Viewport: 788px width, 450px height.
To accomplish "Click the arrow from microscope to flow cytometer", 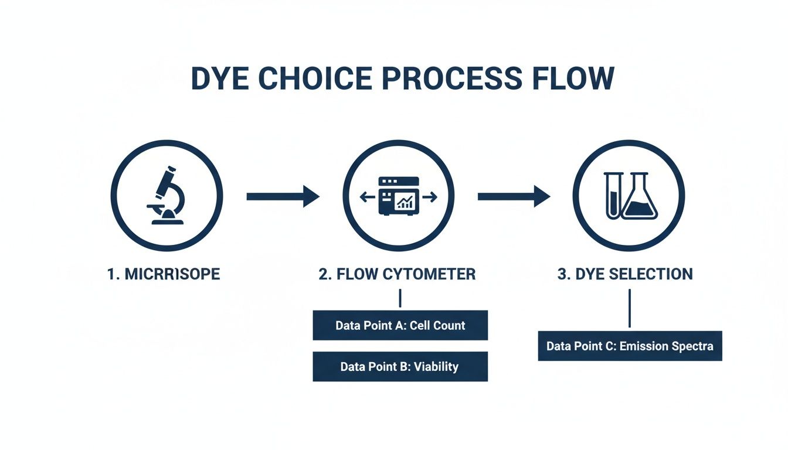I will (x=283, y=196).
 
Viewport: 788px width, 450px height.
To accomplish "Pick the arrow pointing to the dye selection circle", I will (x=514, y=196).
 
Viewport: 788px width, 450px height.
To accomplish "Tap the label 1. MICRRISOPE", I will (x=164, y=274).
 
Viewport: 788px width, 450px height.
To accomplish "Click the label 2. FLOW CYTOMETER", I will (x=397, y=274).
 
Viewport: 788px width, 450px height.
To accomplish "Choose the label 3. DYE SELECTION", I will (x=625, y=274).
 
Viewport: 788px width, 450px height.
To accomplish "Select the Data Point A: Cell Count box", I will (x=400, y=325).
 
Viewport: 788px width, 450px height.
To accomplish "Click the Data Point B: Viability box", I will (x=400, y=367).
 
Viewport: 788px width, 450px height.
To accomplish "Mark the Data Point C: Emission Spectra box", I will (x=630, y=346).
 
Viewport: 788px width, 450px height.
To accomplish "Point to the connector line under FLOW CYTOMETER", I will (x=400, y=298).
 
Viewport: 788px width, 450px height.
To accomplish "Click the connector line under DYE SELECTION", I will (x=629, y=308).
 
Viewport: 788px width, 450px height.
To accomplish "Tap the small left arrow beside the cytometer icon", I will (x=367, y=198).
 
